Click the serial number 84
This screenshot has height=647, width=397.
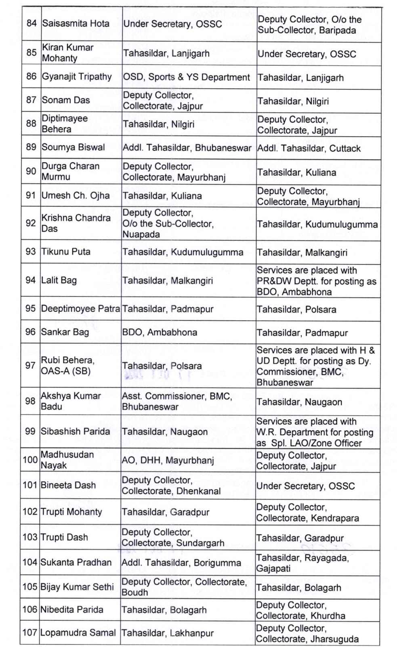pyautogui.click(x=32, y=23)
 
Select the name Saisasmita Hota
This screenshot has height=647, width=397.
pyautogui.click(x=76, y=23)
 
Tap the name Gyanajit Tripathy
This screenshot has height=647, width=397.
pyautogui.click(x=77, y=76)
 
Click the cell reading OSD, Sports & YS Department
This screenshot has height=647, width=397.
pyautogui.click(x=187, y=77)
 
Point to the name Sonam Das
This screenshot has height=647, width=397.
pyautogui.click(x=65, y=100)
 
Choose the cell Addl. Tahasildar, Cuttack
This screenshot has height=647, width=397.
pyautogui.click(x=309, y=148)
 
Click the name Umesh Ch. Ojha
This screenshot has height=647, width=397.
pyautogui.click(x=76, y=196)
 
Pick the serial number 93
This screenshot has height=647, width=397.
pyautogui.click(x=31, y=252)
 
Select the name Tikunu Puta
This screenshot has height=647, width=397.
pyautogui.click(x=66, y=252)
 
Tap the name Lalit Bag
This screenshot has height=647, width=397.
pyautogui.click(x=59, y=280)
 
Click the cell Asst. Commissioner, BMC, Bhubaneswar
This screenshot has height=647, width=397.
pyautogui.click(x=177, y=401)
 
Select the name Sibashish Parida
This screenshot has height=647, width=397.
pyautogui.click(x=75, y=431)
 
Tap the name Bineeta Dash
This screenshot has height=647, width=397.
pyautogui.click(x=68, y=485)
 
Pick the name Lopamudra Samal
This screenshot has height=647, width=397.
pyautogui.click(x=78, y=632)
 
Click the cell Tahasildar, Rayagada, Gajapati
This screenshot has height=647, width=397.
pyautogui.click(x=302, y=563)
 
